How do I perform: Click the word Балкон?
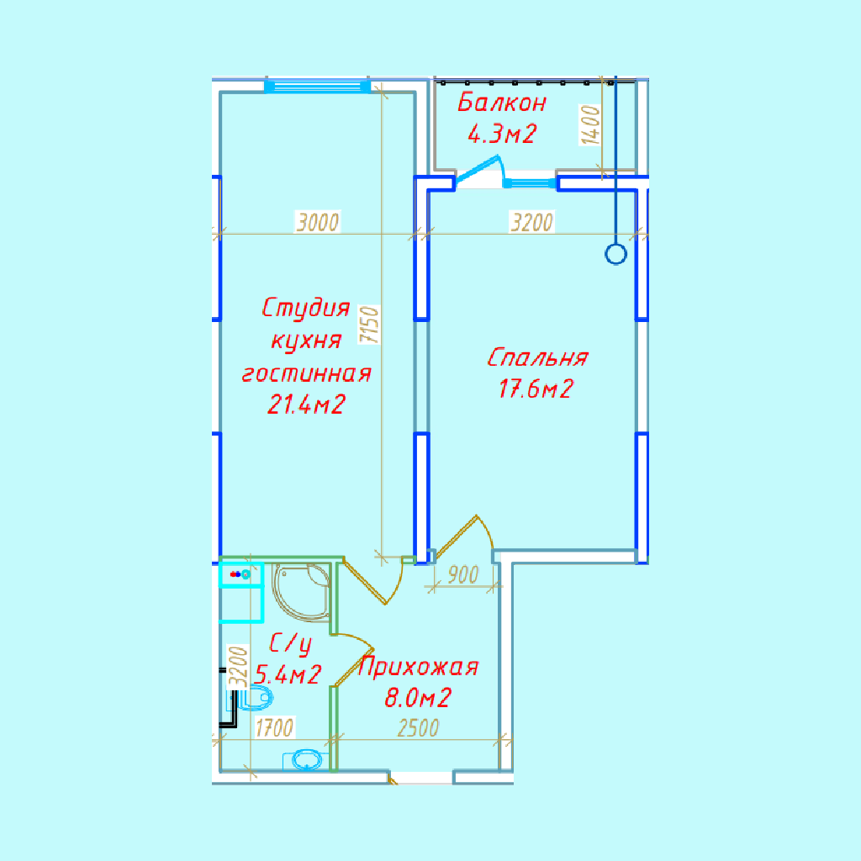tap(502, 103)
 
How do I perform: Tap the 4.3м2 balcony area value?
tap(501, 134)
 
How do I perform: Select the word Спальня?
tap(537, 358)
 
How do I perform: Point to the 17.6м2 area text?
tap(536, 388)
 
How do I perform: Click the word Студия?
tap(306, 308)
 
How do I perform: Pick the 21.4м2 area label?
tap(306, 404)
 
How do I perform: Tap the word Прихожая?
tap(418, 668)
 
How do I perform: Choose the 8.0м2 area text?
tap(418, 698)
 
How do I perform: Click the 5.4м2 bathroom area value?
tap(288, 674)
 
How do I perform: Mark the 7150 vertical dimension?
tap(370, 325)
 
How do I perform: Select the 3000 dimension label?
tap(318, 222)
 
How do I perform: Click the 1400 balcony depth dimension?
tap(591, 125)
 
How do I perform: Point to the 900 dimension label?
tap(463, 575)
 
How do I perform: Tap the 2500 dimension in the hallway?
tap(419, 729)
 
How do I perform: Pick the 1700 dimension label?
tap(275, 728)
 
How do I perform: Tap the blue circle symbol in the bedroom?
tap(615, 255)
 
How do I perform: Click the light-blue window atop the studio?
tap(317, 87)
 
